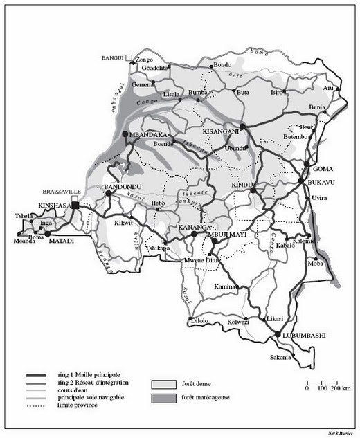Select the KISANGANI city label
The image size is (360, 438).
tap(221, 130)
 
